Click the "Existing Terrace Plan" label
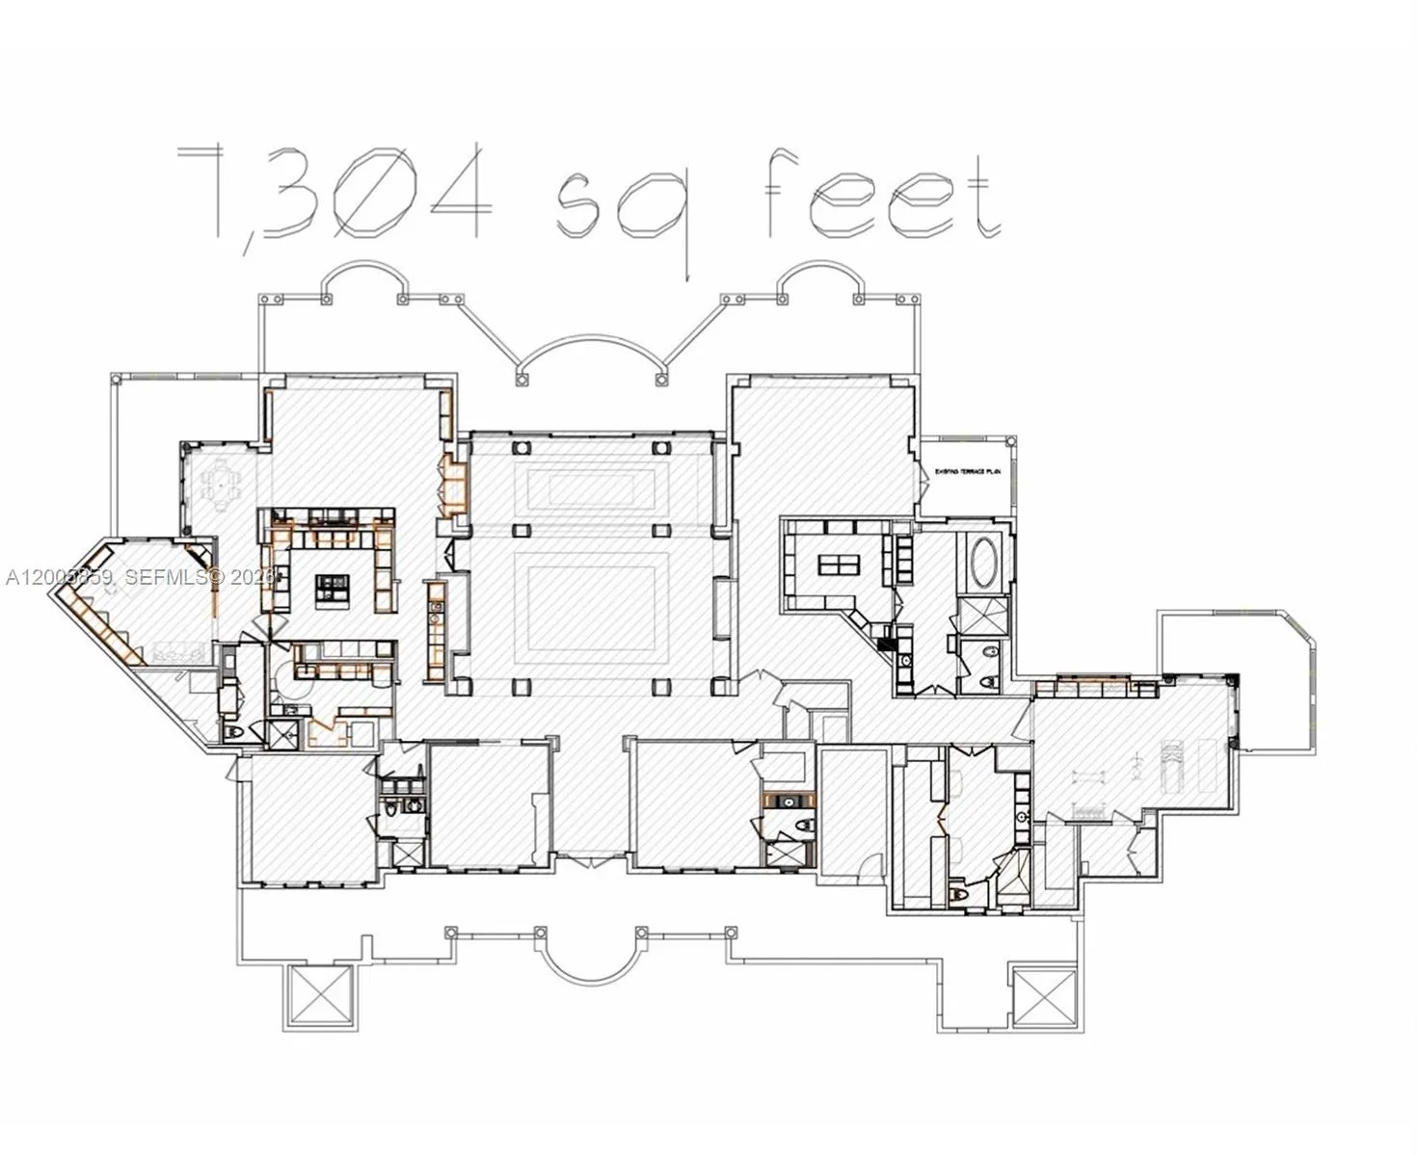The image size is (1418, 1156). (x=969, y=472)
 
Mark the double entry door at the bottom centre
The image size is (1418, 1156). (x=590, y=857)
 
